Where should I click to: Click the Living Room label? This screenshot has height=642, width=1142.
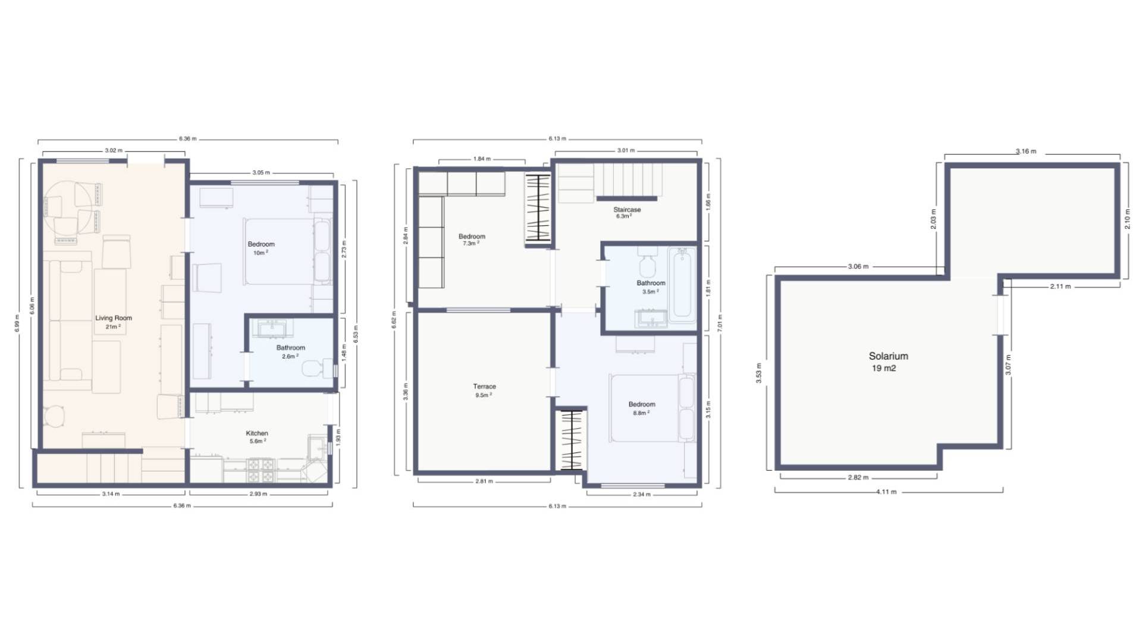(x=114, y=318)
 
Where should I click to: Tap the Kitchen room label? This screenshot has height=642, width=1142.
(x=257, y=433)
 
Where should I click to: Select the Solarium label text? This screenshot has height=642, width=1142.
(x=888, y=356)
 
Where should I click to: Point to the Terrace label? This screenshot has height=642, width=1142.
(x=484, y=386)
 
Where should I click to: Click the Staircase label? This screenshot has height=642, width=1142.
(x=627, y=210)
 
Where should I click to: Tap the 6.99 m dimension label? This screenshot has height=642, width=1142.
(x=17, y=323)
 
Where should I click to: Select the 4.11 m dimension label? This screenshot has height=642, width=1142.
(x=886, y=492)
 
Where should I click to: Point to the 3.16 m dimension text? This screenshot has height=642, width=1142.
(x=1025, y=151)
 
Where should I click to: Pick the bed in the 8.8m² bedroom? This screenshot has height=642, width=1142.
(x=652, y=408)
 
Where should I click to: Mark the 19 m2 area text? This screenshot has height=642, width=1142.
(x=884, y=369)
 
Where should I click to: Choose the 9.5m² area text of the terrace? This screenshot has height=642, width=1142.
(x=482, y=395)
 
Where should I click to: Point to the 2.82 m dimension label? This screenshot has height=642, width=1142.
(x=858, y=477)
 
